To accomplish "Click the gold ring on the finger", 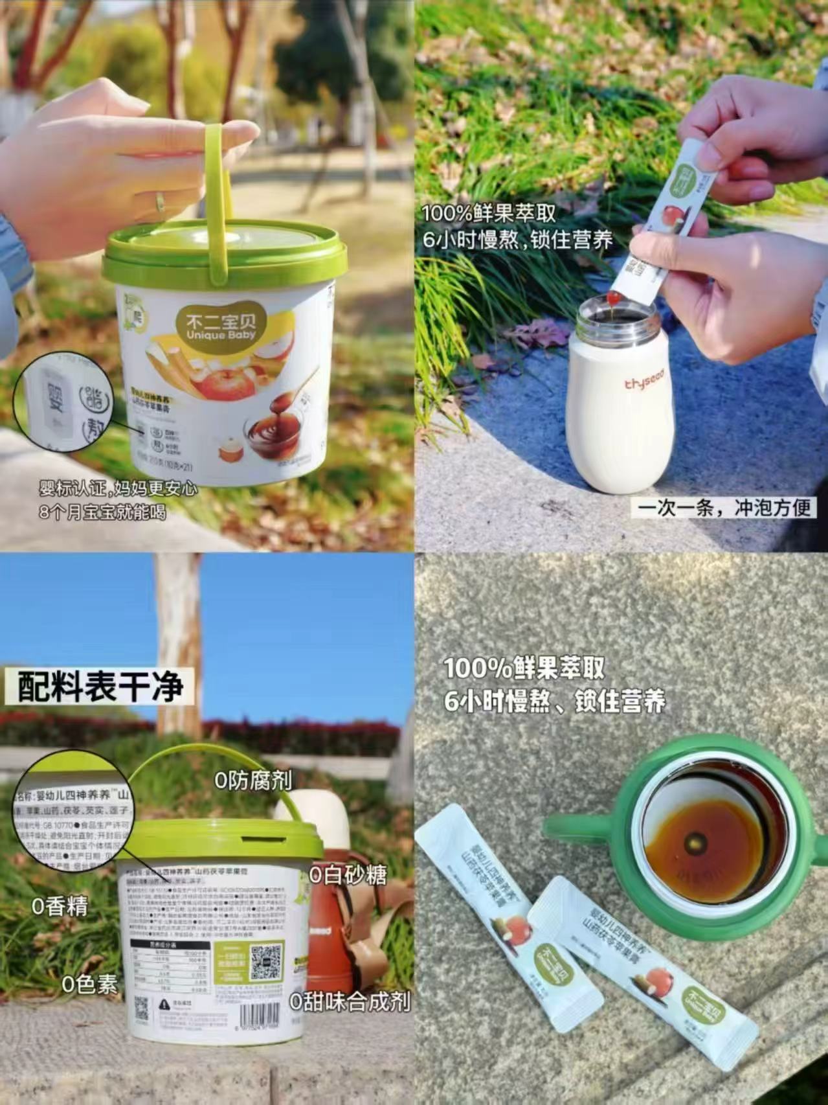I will [x=159, y=203].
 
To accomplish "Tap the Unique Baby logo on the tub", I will [x=216, y=326].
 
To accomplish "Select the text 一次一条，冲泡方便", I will [x=723, y=507].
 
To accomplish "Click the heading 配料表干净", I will [x=100, y=687].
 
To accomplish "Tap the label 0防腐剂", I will [x=253, y=780].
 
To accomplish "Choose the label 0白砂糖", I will [x=348, y=875].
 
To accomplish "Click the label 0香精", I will [x=60, y=906].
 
